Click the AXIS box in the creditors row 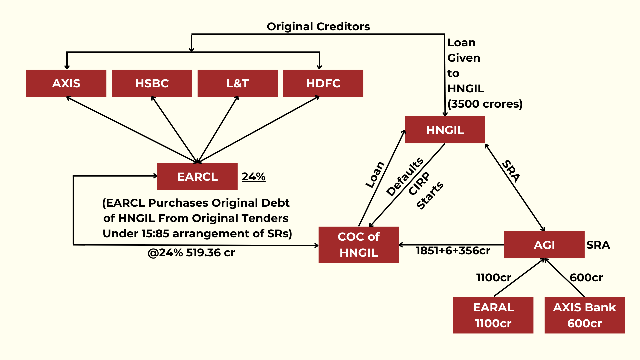tap(66, 83)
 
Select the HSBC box tap(152, 83)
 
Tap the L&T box tap(238, 83)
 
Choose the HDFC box tap(323, 83)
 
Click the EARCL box tap(197, 176)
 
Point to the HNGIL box tap(445, 130)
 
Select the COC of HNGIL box tap(359, 245)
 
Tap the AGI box tap(544, 245)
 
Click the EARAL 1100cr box tap(493, 315)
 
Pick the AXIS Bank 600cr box tap(585, 315)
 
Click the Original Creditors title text tap(318, 26)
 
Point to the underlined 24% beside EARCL tap(253, 176)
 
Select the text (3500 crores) tap(485, 104)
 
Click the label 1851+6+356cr tap(453, 251)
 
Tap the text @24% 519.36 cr tap(191, 253)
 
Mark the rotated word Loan tap(375, 175)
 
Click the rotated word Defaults tap(405, 177)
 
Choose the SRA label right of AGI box tap(598, 245)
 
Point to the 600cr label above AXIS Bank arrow tap(586, 277)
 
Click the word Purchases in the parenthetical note tap(178, 203)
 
